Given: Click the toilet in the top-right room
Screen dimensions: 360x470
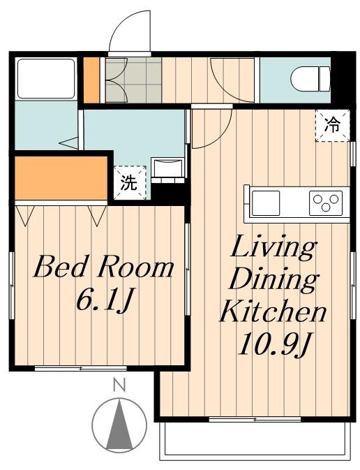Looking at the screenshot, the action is [x=310, y=79].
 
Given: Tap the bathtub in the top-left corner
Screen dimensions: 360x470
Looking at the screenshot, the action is [x=46, y=78].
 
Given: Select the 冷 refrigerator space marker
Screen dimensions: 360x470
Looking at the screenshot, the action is [x=333, y=125].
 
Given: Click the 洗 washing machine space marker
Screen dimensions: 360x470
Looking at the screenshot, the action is [x=130, y=182].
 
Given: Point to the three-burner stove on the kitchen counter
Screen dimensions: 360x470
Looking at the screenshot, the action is [x=326, y=203].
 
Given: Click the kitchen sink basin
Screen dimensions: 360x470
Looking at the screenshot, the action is [x=266, y=203].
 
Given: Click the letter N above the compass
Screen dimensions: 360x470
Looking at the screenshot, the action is [x=119, y=385].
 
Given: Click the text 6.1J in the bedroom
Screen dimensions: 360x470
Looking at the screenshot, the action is [x=104, y=300].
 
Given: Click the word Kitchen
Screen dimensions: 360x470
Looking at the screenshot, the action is [x=273, y=311].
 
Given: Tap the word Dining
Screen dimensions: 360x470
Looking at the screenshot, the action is [x=273, y=280].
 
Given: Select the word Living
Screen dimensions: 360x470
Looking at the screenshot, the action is [x=273, y=248].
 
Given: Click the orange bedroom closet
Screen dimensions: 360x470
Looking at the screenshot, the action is [x=61, y=178].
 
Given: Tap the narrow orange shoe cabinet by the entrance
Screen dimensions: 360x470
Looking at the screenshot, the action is [x=91, y=80].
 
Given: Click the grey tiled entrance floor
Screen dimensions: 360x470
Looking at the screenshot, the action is [x=133, y=80].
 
